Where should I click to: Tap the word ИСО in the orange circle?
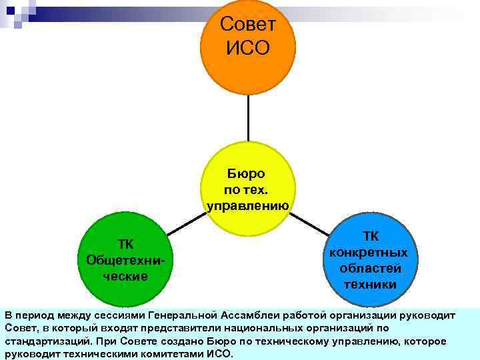click(x=248, y=48)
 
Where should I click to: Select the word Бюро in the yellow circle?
click(x=247, y=174)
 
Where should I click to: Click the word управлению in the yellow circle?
click(x=247, y=206)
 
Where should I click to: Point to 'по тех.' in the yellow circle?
click(x=247, y=190)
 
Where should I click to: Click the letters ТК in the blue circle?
click(x=370, y=237)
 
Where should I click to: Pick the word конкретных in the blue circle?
click(x=370, y=253)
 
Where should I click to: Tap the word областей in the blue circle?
click(x=370, y=269)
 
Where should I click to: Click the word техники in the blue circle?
click(x=370, y=285)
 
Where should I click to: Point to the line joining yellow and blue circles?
click(x=313, y=224)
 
